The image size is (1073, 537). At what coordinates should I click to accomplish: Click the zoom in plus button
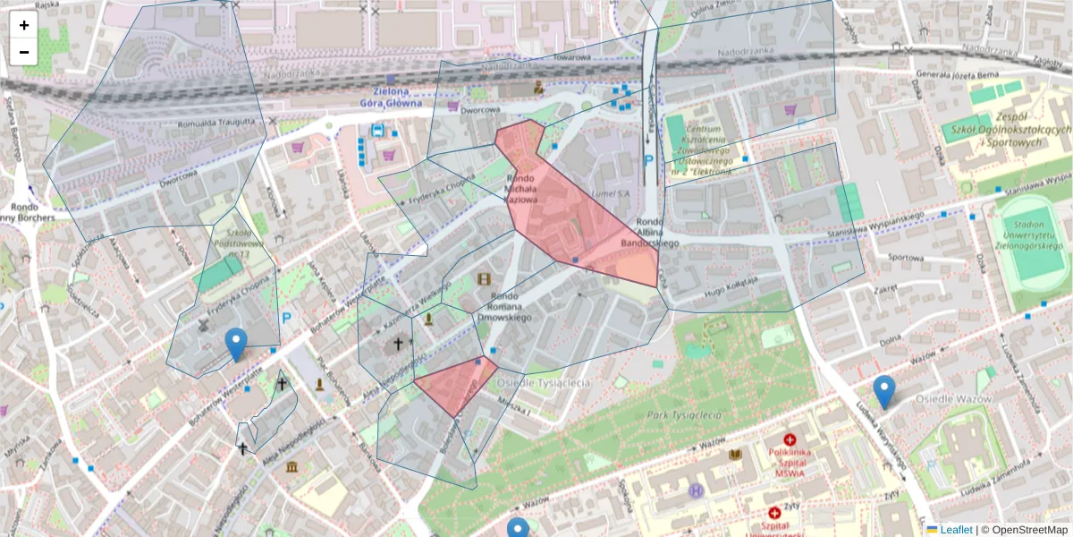coord(24,25)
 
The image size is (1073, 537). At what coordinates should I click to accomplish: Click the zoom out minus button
coord(24,52)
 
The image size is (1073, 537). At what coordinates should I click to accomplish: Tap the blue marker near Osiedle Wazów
coord(883,391)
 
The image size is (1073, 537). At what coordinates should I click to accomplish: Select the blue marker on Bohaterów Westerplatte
coord(236,344)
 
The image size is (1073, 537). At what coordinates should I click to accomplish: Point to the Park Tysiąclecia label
coord(686,415)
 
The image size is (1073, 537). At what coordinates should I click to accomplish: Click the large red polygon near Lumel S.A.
coord(581,224)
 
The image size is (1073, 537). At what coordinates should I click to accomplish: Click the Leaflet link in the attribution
coord(955,530)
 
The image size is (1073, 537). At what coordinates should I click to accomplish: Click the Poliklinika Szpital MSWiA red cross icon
coord(790,439)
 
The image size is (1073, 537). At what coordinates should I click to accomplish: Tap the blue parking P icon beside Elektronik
coord(649,162)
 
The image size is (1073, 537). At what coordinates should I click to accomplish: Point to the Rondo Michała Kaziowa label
coord(520,189)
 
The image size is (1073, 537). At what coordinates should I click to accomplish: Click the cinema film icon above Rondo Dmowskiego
coord(485,279)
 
